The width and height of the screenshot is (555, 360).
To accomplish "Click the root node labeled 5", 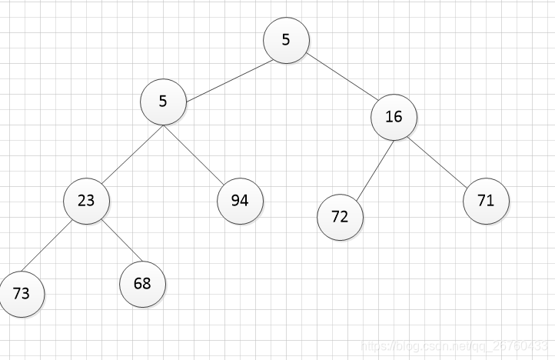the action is pyautogui.click(x=287, y=41).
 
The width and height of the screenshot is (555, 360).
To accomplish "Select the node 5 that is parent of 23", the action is pyautogui.click(x=163, y=102).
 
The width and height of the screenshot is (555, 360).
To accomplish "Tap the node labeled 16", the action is pyautogui.click(x=394, y=117).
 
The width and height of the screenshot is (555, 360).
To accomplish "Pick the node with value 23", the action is pyautogui.click(x=86, y=201).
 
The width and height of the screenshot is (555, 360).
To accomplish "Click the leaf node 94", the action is pyautogui.click(x=240, y=201).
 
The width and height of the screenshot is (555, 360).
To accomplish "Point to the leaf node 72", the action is pyautogui.click(x=341, y=217).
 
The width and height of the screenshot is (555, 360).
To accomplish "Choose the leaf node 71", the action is pyautogui.click(x=486, y=201).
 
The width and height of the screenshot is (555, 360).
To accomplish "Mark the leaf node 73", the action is pyautogui.click(x=22, y=294).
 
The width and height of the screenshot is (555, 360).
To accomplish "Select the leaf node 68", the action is pyautogui.click(x=143, y=284).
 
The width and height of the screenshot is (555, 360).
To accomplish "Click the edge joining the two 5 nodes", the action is pyautogui.click(x=229, y=81).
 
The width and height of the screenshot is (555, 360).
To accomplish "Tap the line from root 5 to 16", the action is pyautogui.click(x=342, y=76).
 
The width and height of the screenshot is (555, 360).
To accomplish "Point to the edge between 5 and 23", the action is pyautogui.click(x=132, y=155).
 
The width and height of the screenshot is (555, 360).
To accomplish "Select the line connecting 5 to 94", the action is pyautogui.click(x=194, y=155).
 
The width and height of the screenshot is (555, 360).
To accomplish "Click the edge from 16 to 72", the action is pyautogui.click(x=375, y=172).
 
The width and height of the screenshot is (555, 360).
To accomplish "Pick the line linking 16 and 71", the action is pyautogui.click(x=437, y=162).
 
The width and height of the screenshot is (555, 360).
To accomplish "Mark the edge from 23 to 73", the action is pyautogui.click(x=47, y=246).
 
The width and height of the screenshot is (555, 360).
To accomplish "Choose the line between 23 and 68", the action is pyautogui.click(x=121, y=241).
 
